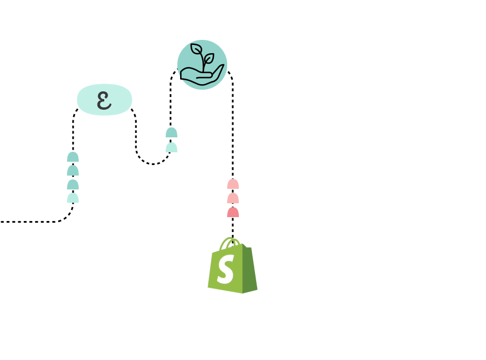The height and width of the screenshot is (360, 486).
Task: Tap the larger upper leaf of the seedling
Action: pos(197,49)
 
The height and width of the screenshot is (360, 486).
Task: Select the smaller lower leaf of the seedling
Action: pos(209,58)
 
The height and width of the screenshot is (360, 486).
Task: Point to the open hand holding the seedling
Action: pos(199,78)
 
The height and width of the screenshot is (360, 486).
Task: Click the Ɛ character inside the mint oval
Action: pos(104,100)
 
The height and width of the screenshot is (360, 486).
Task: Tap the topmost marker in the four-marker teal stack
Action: pos(73,157)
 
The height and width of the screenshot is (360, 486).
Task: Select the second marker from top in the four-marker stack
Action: pos(73,171)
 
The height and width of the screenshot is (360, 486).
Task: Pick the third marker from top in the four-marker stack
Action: pos(73,184)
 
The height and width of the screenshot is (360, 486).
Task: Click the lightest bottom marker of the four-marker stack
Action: pos(73,198)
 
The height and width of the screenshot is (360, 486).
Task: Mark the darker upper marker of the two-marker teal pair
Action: pos(171,132)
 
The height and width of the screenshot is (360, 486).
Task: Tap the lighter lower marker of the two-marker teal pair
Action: pos(171,147)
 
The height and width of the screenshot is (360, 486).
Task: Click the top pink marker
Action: pos(233,184)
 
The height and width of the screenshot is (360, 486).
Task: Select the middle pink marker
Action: pos(233,198)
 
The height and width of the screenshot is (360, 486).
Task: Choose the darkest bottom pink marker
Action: pos(233,212)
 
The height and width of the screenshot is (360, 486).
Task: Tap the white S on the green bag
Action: pos(226,270)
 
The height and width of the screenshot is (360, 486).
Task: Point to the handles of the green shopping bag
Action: pos(231,242)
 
